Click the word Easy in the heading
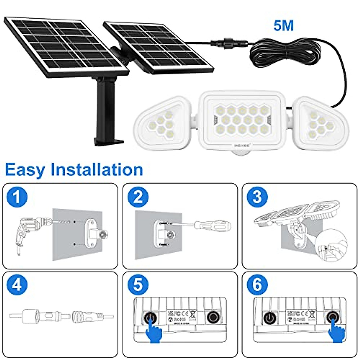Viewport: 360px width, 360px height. (x=25, y=170)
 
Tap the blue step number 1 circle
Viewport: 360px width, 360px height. (x=17, y=197)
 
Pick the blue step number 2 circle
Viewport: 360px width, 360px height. (x=138, y=197)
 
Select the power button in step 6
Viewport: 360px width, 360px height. (x=268, y=317)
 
